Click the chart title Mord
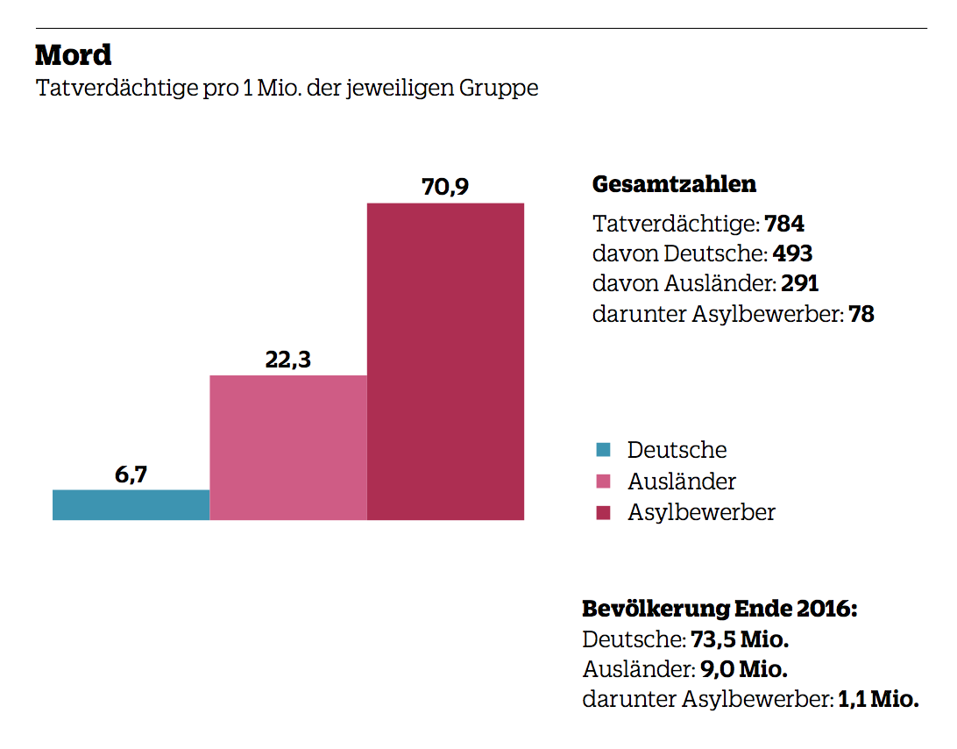(x=74, y=55)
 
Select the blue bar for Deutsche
(x=131, y=505)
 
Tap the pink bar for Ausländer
(x=287, y=447)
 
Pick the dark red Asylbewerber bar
(x=445, y=361)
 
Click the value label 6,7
(x=131, y=475)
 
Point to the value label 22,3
(x=288, y=360)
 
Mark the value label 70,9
(x=445, y=188)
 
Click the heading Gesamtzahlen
(x=674, y=185)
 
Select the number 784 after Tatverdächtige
(x=784, y=224)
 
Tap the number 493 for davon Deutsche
(x=792, y=254)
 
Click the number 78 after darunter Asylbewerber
(x=861, y=314)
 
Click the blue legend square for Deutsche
(x=602, y=450)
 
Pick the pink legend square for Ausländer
(x=602, y=481)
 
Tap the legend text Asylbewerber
(x=701, y=513)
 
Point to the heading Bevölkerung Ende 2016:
(x=720, y=609)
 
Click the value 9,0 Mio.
(x=743, y=670)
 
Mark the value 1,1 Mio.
(x=878, y=700)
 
